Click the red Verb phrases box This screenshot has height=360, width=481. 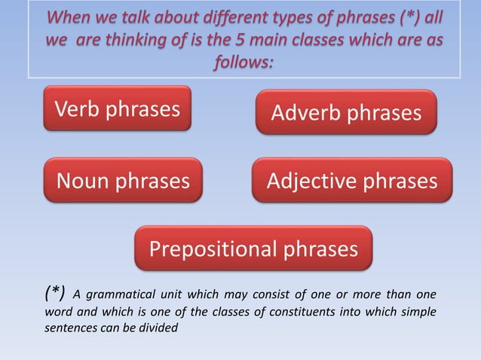pos(117,109)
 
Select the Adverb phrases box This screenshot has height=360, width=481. pos(346,113)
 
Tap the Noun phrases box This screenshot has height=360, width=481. pos(123,181)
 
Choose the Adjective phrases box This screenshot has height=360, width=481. pos(351,181)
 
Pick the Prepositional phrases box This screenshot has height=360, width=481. pos(253,249)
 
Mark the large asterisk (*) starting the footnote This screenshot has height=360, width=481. pos(54,292)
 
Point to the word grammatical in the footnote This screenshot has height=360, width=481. pos(123,294)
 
